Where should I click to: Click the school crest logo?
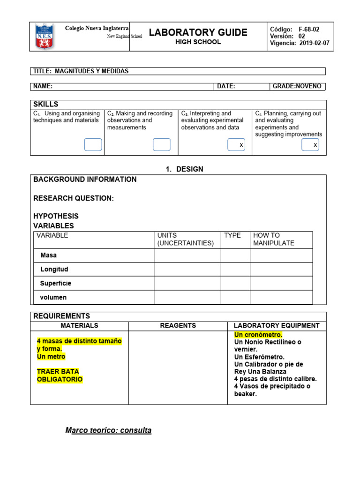pos(45,37)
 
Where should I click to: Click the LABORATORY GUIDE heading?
pos(198,32)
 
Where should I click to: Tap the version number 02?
pos(302,36)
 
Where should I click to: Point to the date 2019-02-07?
pos(314,44)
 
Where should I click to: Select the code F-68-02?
pos(309,29)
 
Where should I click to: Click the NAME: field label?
pos(43,86)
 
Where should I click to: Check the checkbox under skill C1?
pos(93,145)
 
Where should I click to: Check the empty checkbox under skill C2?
pos(161,145)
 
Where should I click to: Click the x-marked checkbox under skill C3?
pos(236,145)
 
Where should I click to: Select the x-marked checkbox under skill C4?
pos(310,145)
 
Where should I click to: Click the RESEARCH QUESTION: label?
pos(74,198)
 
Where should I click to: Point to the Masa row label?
pos(49,255)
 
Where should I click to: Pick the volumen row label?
pos(53,297)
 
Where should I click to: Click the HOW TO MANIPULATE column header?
pos(274,239)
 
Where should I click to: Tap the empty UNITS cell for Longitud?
pos(187,270)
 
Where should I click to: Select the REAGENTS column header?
pos(178,325)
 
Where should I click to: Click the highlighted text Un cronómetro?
pos(258,335)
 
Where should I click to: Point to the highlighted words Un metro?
pos(51,357)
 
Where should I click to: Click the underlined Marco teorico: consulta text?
pos(108,430)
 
